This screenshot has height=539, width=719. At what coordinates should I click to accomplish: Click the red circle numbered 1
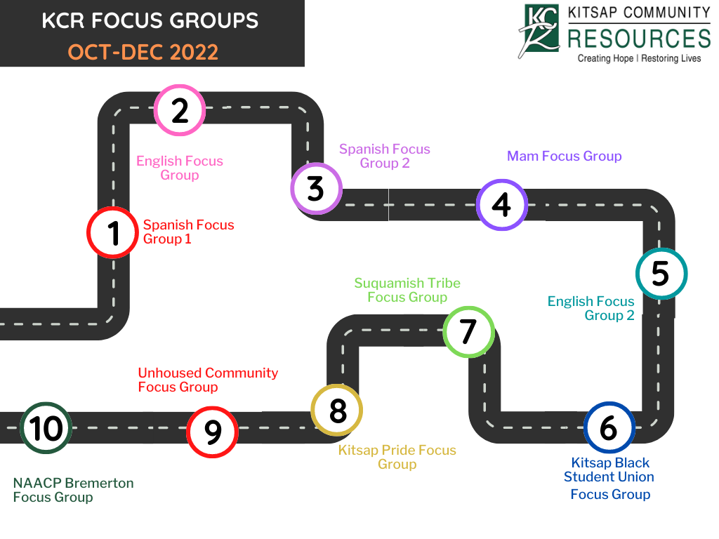113,233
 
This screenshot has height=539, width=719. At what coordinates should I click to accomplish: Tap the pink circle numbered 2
180,110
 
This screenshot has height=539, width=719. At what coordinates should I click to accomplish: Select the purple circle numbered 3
316,188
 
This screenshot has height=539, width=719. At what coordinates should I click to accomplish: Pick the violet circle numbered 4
501,205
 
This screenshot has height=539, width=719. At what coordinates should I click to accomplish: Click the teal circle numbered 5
661,274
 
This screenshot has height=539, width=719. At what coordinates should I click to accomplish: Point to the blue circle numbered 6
609,427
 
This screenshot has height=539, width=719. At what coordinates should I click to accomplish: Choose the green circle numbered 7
468,331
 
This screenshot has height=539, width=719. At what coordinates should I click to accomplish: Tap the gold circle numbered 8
337,411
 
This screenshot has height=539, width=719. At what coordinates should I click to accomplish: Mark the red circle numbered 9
212,432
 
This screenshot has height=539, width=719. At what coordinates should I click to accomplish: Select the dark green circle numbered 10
46,428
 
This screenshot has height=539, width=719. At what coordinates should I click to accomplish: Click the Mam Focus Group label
564,156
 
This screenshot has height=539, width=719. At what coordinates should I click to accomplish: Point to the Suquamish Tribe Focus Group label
407,290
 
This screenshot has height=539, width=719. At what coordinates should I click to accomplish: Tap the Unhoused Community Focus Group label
208,380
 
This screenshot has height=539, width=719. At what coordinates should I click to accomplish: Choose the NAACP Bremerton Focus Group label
73,490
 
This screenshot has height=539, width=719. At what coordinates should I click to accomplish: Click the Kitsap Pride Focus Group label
397,457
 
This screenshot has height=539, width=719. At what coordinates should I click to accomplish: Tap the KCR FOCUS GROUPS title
150,20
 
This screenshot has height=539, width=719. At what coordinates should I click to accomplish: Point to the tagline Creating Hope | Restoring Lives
639,58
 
